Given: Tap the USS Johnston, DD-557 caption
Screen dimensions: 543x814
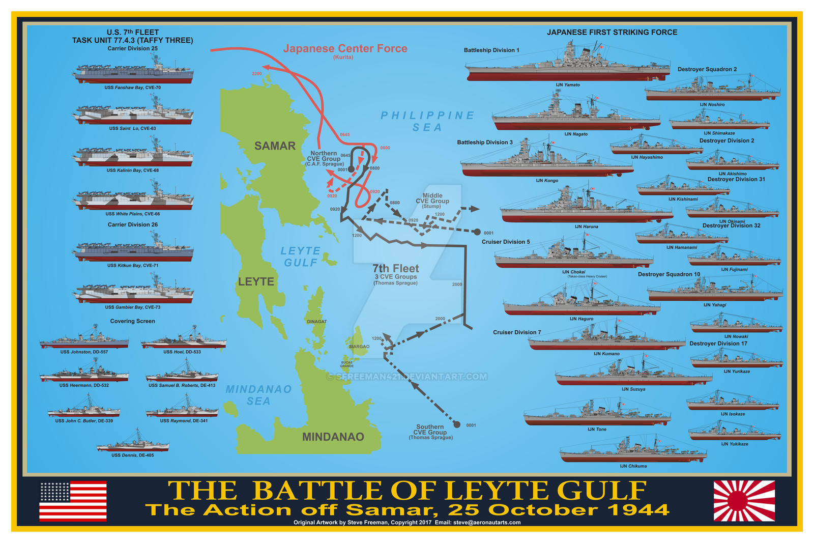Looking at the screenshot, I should pos(84,352).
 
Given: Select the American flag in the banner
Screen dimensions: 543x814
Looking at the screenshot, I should pos(73,501).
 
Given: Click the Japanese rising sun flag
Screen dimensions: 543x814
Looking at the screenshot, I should pos(744,501).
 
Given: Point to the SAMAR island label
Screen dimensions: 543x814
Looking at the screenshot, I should pos(275,146).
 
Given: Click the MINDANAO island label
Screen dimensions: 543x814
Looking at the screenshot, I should pos(333,437).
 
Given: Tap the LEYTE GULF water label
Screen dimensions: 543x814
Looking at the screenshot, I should pos(300,256).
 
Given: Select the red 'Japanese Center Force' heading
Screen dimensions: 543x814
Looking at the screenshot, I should pos(345,49).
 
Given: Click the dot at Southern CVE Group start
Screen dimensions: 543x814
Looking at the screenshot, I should pos(457,424).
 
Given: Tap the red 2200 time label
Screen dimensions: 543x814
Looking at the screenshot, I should pos(256,74).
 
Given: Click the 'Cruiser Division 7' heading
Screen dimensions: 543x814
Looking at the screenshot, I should pos(517,332).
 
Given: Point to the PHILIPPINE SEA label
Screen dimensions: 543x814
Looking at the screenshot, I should pos(427,121).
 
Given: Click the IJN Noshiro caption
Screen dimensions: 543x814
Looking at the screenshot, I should pos(712,105).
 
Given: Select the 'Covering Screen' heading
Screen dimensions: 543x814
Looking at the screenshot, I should pos(132,321).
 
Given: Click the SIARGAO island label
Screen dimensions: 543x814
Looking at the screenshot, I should pos(359,347).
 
